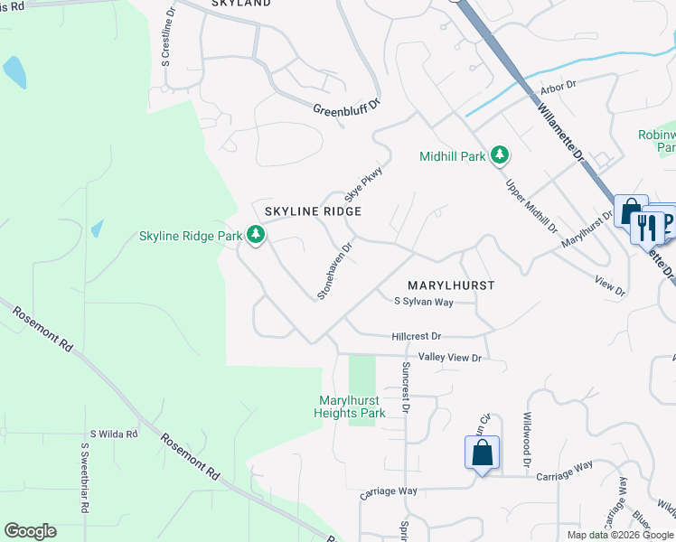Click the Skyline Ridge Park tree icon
[x=257, y=236]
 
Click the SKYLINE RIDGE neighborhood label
[x=313, y=211]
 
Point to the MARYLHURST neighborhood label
[x=451, y=285]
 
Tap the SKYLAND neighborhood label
[x=240, y=4]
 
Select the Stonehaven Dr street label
[x=334, y=269]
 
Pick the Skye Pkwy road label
[x=359, y=183]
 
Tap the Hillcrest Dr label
[x=417, y=335]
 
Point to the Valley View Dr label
[x=449, y=359]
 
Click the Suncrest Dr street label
[x=406, y=388]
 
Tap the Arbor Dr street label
[x=558, y=87]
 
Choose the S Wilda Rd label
[x=113, y=435]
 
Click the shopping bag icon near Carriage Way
[x=483, y=452]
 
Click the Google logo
[x=30, y=531]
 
